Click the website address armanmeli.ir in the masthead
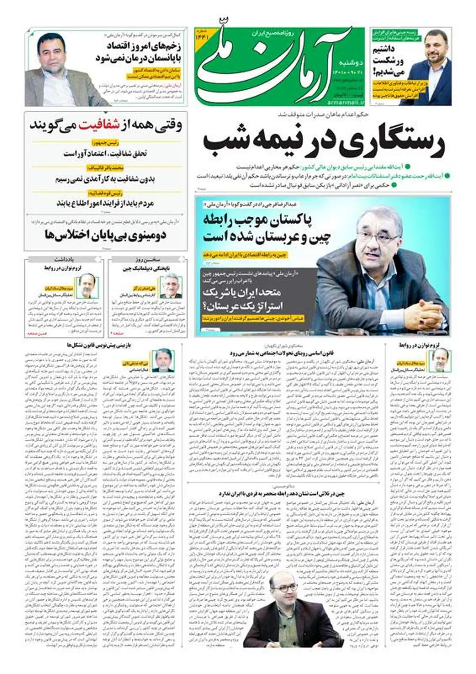coord(344,102)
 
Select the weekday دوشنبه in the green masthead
coord(349,63)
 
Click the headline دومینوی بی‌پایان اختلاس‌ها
coord(105,235)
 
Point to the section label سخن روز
coord(148,260)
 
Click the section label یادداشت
coord(64,260)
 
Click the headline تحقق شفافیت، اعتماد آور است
coord(106,154)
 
